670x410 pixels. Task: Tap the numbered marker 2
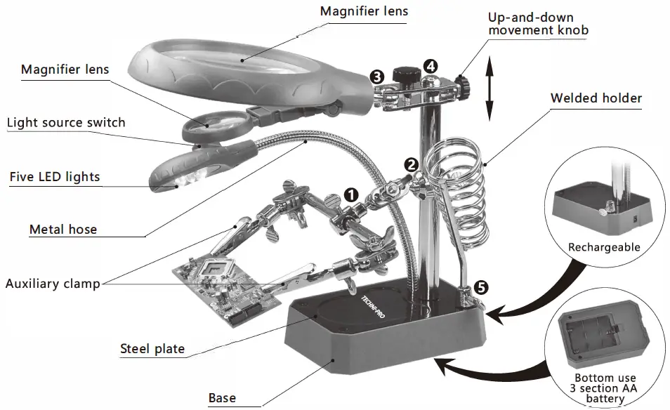tap(412, 164)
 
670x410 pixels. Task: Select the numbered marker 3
tap(377, 75)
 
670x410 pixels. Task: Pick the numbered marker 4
tap(431, 66)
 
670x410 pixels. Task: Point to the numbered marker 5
tap(480, 286)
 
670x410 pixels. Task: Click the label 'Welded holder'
tap(596, 98)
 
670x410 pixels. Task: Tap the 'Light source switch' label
tap(66, 123)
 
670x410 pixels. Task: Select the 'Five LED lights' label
tap(55, 176)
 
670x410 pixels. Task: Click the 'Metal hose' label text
tap(63, 230)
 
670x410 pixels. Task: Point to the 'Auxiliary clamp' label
tap(53, 284)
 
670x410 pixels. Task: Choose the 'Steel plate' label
tap(152, 349)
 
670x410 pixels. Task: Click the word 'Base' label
tap(223, 399)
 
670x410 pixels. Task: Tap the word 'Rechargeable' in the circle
tap(604, 247)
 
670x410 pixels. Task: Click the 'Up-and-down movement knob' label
tap(538, 24)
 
